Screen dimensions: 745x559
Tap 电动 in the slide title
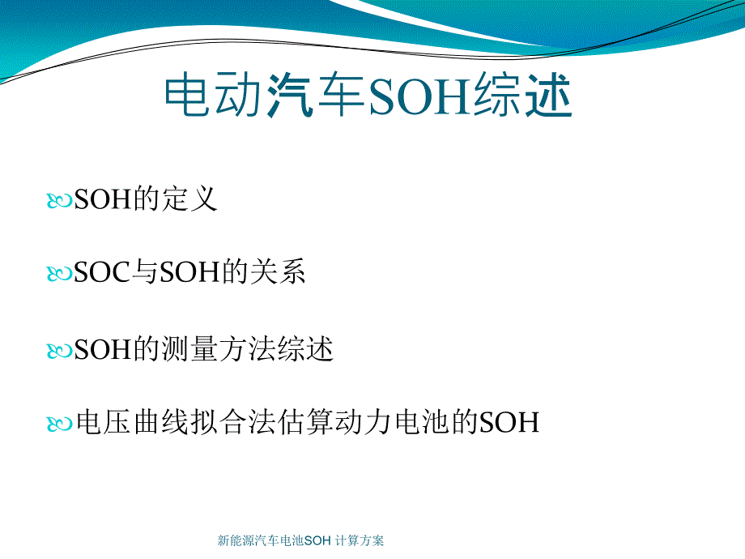pyautogui.click(x=213, y=95)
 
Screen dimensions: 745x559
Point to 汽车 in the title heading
pyautogui.click(x=315, y=95)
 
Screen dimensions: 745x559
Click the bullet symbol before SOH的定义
pyautogui.click(x=59, y=200)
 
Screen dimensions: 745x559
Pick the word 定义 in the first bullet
pyautogui.click(x=189, y=198)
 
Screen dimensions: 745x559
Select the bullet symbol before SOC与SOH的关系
pyautogui.click(x=59, y=274)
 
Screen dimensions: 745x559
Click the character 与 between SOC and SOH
pyautogui.click(x=144, y=272)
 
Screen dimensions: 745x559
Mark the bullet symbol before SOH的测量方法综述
pyautogui.click(x=59, y=352)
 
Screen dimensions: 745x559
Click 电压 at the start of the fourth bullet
pyautogui.click(x=103, y=421)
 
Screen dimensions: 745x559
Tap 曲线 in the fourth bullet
pyautogui.click(x=161, y=421)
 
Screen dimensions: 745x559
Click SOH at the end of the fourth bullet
pyautogui.click(x=509, y=422)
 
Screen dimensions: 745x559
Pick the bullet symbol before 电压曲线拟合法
pyautogui.click(x=59, y=424)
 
